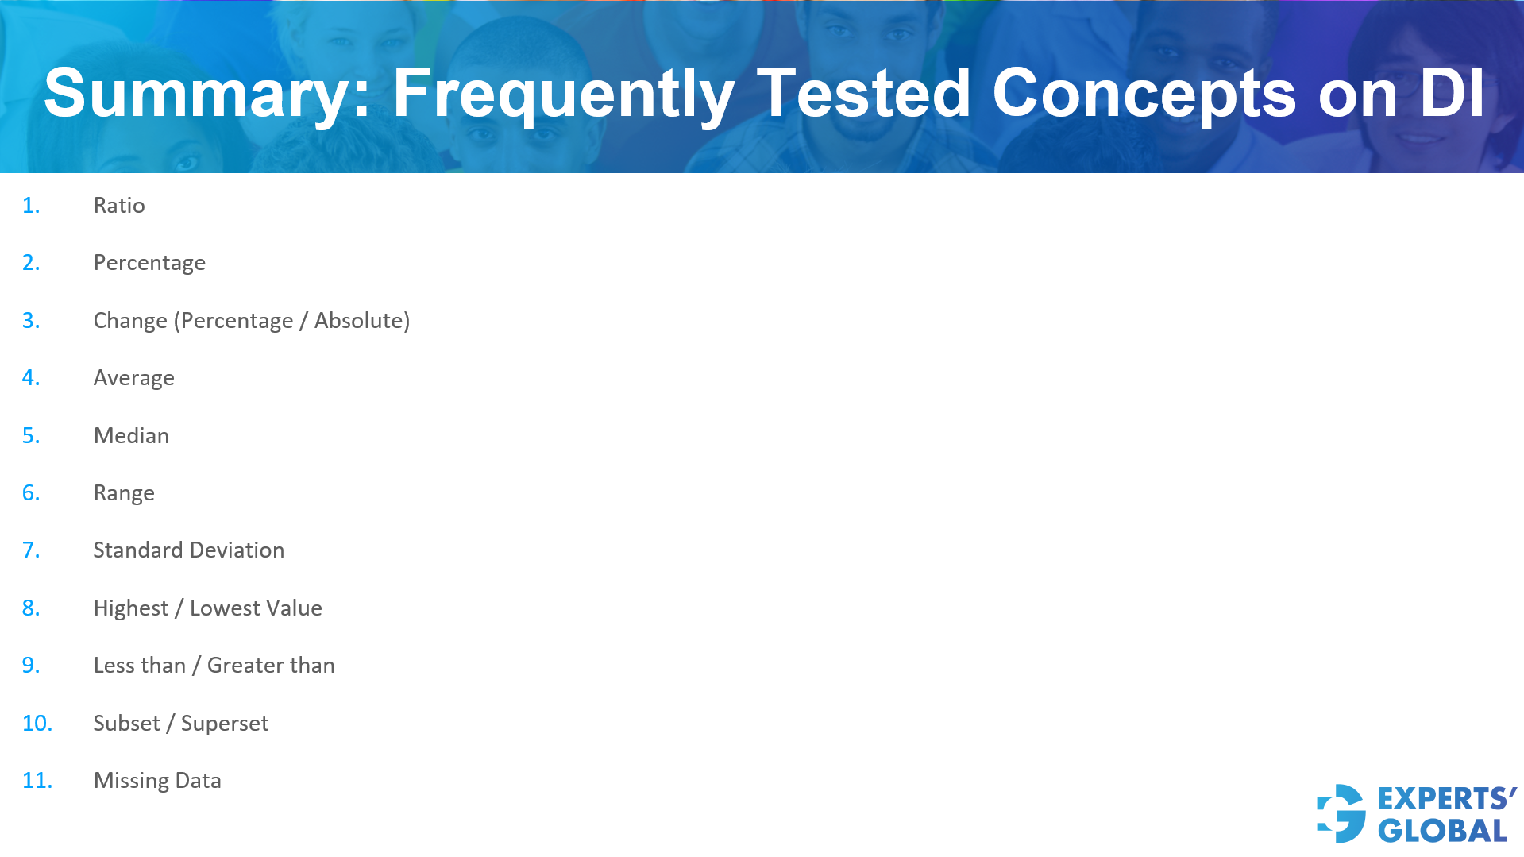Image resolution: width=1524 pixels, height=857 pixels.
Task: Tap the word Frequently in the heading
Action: coord(564,94)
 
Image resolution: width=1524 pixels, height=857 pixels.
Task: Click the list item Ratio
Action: coord(119,206)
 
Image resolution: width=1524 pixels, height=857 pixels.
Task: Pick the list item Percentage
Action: coord(149,263)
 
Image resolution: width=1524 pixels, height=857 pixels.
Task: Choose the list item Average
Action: coord(133,378)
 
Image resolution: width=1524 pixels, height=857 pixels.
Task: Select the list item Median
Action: coord(131,436)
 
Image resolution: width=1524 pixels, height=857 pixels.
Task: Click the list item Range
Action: coord(124,493)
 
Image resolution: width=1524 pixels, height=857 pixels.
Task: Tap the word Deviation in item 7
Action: coord(237,550)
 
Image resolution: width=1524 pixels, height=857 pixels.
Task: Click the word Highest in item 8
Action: coord(131,608)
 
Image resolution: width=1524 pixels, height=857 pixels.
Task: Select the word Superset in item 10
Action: coord(225,724)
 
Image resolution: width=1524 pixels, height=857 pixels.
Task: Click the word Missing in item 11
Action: coord(131,781)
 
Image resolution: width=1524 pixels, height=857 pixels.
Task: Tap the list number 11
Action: coord(37,781)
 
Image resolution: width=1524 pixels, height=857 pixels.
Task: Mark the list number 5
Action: coord(30,436)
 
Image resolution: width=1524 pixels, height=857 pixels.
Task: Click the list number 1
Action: coord(30,206)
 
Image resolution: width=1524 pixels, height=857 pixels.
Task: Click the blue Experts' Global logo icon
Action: coord(1341,813)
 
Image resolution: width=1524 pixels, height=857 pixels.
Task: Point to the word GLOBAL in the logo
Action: coord(1442,831)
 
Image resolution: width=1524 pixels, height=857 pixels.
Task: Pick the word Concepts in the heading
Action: coord(1144,94)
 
